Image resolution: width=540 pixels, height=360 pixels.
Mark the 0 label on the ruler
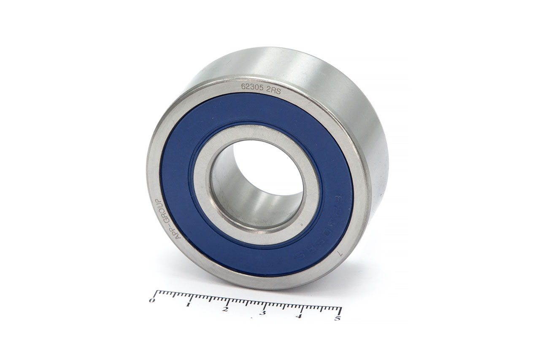coord(152,300)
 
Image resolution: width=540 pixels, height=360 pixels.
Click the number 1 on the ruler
coord(188,304)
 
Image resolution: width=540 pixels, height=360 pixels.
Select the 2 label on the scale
coord(225,309)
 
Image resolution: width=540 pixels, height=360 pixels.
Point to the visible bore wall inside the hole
coord(236,194)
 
